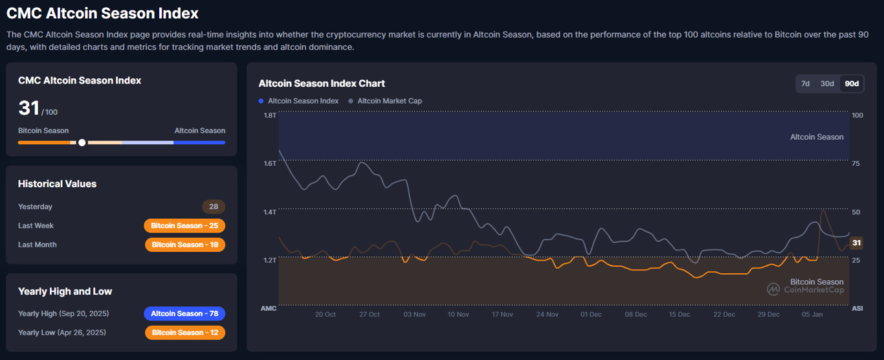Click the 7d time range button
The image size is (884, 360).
coord(805,84)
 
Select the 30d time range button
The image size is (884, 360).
coord(827,84)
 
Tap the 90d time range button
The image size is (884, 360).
coord(852,84)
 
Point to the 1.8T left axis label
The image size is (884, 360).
coord(269,115)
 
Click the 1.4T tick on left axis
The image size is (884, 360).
coord(269,212)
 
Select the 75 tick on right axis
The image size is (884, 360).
coord(856,164)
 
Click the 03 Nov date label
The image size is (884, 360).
coord(414,315)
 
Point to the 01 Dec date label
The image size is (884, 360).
coord(590,315)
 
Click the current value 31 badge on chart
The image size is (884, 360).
coord(856,243)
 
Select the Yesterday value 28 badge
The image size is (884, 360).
coord(214,207)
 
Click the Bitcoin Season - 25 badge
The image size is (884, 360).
coord(184,226)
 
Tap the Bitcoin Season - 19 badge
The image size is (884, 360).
coord(184,245)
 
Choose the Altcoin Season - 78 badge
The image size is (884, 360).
coord(184,313)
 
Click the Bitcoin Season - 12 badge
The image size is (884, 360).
coord(184,333)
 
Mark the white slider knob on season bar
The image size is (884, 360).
coord(82,142)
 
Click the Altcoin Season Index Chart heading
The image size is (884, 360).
coord(322,84)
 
